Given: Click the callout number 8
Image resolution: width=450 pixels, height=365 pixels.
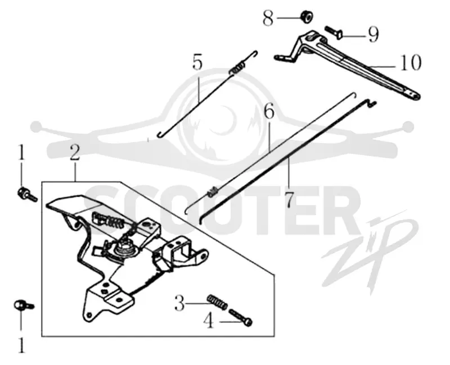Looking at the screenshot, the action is (x=268, y=19).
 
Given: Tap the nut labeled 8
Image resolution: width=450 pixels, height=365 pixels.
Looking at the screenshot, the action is (x=306, y=17).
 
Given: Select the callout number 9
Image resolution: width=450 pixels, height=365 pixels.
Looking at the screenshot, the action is (x=373, y=35).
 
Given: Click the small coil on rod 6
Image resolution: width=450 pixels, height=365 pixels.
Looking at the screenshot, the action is (x=213, y=191).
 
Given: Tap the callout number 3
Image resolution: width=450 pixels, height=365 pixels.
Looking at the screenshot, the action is (x=179, y=303).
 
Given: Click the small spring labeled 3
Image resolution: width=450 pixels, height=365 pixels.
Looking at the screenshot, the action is (x=217, y=302).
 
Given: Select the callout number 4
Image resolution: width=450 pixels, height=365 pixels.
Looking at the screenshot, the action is (x=209, y=321).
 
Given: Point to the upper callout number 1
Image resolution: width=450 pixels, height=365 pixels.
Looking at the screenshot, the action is (x=21, y=152).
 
